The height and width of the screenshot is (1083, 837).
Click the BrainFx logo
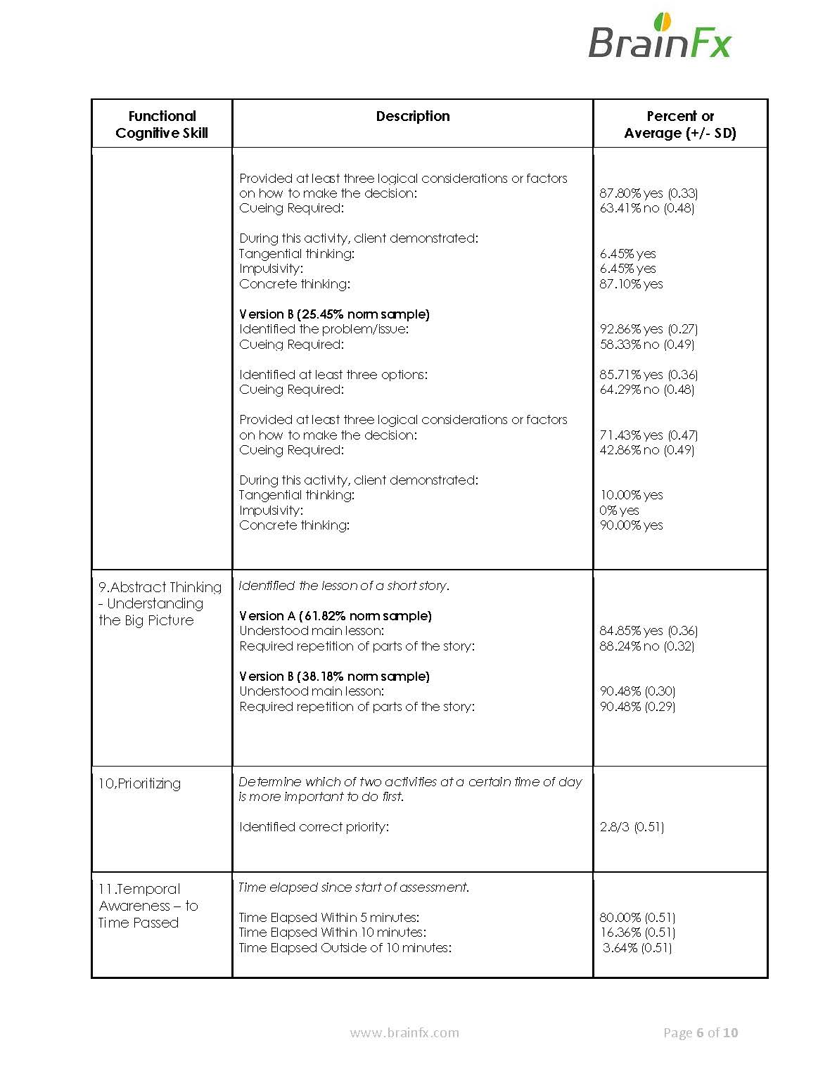coord(659,37)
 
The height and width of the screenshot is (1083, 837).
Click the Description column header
coord(413,116)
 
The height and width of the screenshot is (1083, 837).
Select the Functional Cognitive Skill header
coord(162,124)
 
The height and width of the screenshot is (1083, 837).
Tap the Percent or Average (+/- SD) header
coord(680,124)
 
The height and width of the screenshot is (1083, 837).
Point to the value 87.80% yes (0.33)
coord(648,193)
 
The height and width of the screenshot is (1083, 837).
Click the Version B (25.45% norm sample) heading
coord(334,314)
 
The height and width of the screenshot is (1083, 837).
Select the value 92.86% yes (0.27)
coord(648,328)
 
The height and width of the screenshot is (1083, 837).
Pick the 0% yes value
coord(619,510)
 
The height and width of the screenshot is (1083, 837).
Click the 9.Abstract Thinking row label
coord(160,603)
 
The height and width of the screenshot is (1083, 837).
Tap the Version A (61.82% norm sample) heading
coord(336,615)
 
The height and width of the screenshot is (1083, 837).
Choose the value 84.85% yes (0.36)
coord(648,630)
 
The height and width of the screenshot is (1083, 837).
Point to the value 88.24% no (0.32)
coord(646,646)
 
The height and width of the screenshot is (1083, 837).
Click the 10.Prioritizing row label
coord(139,783)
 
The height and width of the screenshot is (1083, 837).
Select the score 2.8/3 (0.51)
coord(632,826)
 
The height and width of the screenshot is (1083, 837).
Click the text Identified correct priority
coord(314,826)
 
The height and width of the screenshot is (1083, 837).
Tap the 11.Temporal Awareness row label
coord(148,906)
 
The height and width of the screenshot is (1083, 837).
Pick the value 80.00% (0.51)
coord(637,917)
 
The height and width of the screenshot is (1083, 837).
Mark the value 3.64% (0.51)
coord(637,947)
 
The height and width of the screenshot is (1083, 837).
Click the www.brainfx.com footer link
coord(404,1032)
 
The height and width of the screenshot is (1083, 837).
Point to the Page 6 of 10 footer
coord(701,1032)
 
